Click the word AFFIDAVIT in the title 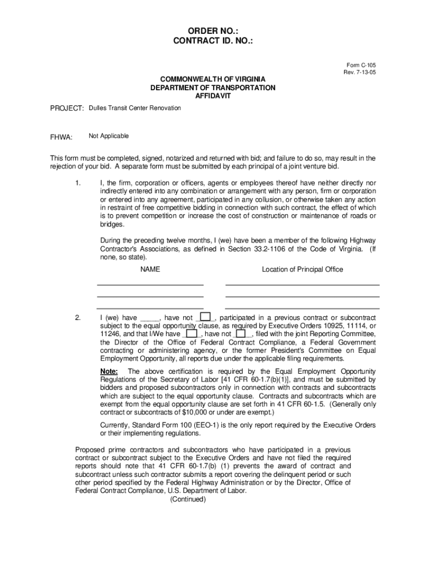[x=212, y=96]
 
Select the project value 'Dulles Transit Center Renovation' [x=135, y=108]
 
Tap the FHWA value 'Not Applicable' [x=109, y=136]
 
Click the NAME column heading [x=150, y=270]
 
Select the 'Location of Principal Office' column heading [x=302, y=270]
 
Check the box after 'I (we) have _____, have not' [x=205, y=317]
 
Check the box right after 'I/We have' [x=191, y=334]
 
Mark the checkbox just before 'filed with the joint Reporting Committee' [x=241, y=334]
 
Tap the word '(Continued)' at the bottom [x=188, y=499]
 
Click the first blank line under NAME [x=150, y=284]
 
